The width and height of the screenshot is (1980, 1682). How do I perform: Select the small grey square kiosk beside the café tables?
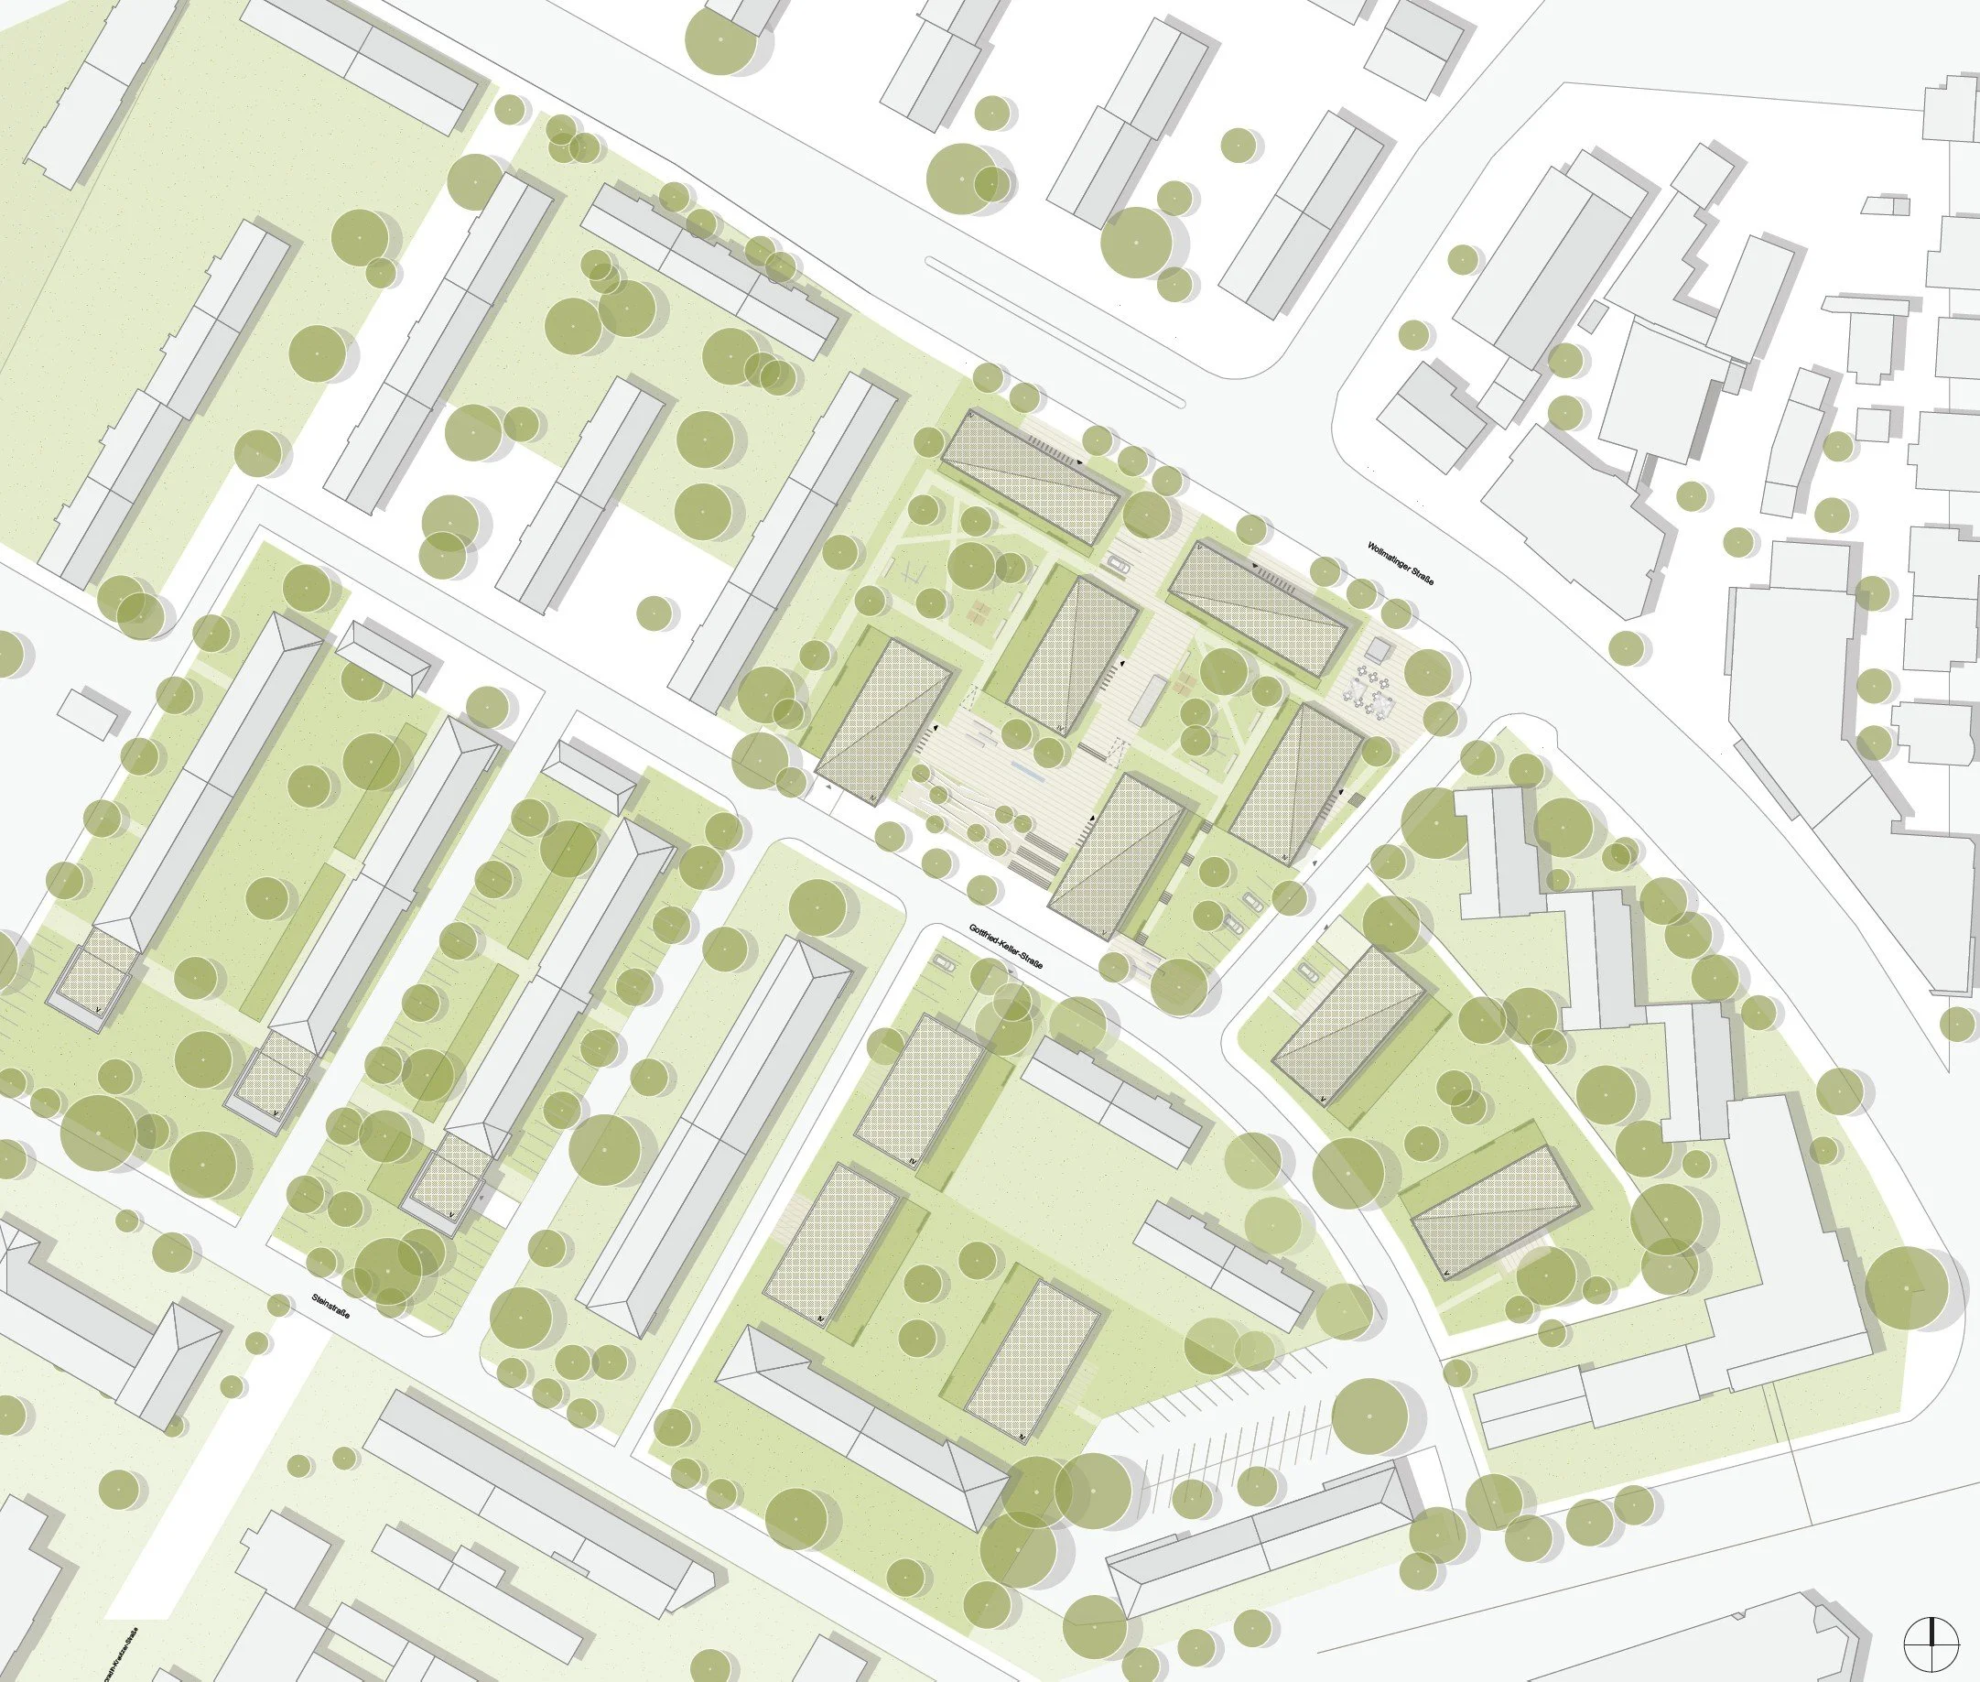tap(1376, 650)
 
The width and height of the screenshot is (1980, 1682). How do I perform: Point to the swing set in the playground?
tap(913, 571)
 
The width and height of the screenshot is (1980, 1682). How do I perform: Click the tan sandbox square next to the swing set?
tap(973, 610)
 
